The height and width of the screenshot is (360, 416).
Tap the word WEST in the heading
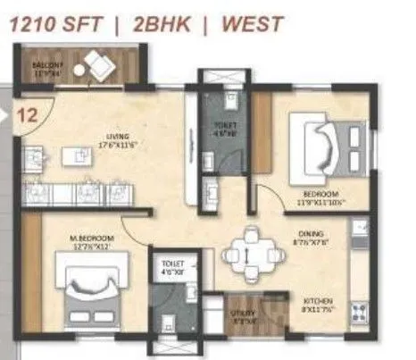pos(254,25)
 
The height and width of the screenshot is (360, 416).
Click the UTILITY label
pos(243,313)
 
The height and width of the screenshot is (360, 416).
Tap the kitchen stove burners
pos(362,313)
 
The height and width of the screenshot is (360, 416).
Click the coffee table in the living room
pos(82,156)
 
